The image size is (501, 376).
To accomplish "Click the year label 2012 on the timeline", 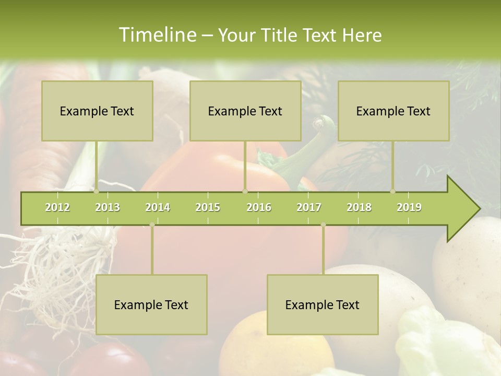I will [57, 207].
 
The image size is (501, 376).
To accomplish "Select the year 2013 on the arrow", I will [108, 207].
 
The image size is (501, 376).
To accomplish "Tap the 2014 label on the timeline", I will [158, 207].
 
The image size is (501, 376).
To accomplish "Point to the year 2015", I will [208, 207].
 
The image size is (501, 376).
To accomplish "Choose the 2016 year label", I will [259, 207].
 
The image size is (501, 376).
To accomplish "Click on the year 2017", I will [309, 207].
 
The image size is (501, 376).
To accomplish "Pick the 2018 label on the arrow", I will [359, 207].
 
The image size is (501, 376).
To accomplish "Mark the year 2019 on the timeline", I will [409, 207].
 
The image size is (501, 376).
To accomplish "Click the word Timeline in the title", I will [157, 35].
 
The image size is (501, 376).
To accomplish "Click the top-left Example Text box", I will [97, 111].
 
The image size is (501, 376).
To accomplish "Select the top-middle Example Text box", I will [245, 111].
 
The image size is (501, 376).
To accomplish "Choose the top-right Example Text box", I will [393, 111].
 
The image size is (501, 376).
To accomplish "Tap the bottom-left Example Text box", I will [151, 304].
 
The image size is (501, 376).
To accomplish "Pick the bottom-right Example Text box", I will [323, 304].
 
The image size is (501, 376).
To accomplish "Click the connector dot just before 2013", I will [97, 191].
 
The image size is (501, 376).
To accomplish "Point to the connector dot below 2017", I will [323, 225].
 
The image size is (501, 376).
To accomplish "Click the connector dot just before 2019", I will [392, 191].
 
